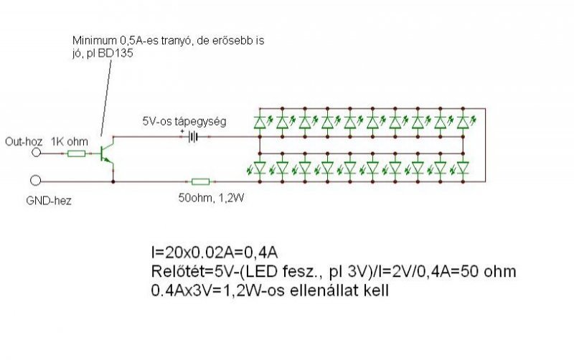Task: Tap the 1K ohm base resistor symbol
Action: [x=76, y=153]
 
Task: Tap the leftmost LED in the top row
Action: [x=260, y=123]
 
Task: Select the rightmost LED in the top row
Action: [x=463, y=123]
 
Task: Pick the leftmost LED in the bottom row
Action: [x=260, y=169]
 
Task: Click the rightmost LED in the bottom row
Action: [x=463, y=169]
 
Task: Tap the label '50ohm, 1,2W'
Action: [x=208, y=195]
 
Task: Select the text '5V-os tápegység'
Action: [x=184, y=122]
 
